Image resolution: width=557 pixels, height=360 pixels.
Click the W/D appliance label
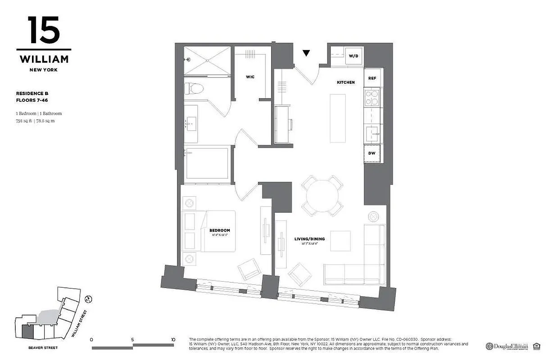pyautogui.click(x=353, y=56)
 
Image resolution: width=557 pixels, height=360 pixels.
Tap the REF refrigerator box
pyautogui.click(x=372, y=78)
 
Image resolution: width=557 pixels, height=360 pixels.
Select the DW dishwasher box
pyautogui.click(x=372, y=153)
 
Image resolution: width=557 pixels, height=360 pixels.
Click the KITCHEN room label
pyautogui.click(x=346, y=82)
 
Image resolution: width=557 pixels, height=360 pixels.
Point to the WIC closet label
pyautogui.click(x=250, y=77)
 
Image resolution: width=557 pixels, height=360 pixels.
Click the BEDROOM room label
pyautogui.click(x=219, y=230)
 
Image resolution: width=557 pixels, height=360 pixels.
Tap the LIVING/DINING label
pyautogui.click(x=309, y=239)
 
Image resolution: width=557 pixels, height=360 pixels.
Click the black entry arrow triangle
pyautogui.click(x=306, y=54)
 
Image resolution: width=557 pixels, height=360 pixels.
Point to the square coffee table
pyautogui.click(x=340, y=241)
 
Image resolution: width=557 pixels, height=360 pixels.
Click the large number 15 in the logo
pyautogui.click(x=44, y=31)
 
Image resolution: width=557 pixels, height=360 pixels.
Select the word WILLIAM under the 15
pyautogui.click(x=44, y=59)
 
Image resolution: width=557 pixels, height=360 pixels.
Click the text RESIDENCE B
pyautogui.click(x=32, y=93)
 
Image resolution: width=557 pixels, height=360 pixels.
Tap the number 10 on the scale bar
pyautogui.click(x=173, y=340)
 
